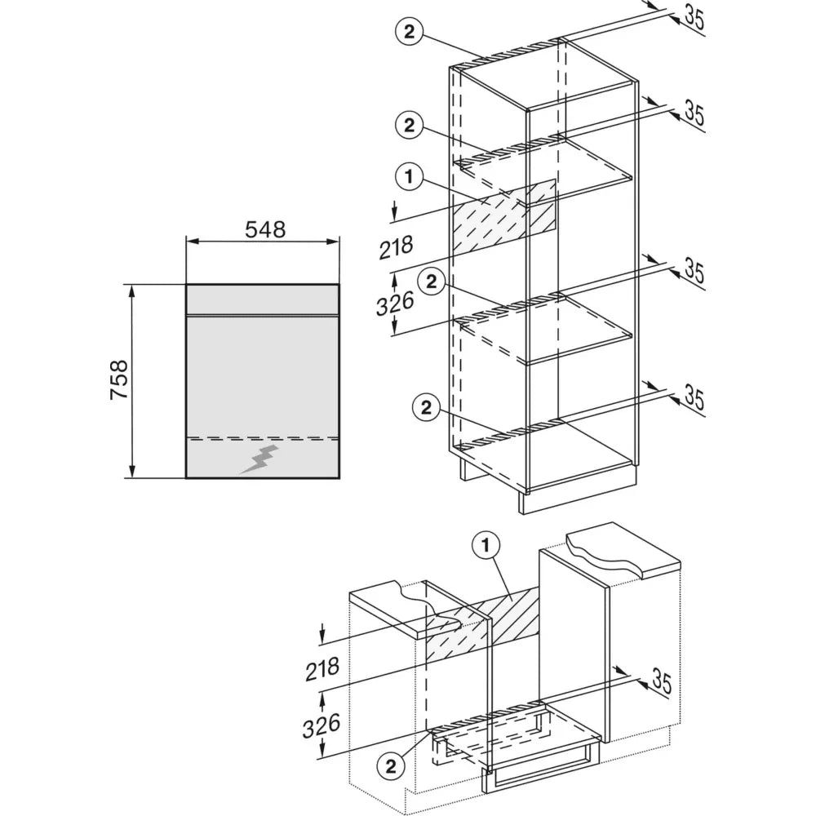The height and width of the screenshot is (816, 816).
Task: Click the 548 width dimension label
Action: click(265, 229)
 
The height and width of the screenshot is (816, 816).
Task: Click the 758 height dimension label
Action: click(119, 379)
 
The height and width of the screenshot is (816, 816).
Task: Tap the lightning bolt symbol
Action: click(259, 459)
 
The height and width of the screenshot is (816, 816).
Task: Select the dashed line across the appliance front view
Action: click(263, 437)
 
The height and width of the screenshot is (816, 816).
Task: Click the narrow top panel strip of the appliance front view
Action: click(263, 299)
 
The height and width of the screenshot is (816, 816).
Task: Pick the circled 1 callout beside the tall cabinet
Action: click(409, 177)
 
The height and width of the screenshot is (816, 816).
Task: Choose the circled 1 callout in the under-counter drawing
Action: click(486, 546)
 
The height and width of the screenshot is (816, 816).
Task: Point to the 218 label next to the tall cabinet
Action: click(396, 246)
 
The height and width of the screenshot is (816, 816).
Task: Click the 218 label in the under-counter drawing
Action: click(322, 669)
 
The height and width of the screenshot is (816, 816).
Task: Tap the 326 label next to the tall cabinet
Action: click(395, 304)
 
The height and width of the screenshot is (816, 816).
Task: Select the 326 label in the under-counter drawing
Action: click(322, 725)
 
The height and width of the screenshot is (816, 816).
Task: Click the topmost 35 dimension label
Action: click(694, 18)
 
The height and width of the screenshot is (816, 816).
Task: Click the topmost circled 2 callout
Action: click(409, 33)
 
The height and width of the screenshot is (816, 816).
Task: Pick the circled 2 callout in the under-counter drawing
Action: click(390, 766)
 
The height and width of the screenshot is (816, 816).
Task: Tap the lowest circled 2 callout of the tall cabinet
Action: click(426, 407)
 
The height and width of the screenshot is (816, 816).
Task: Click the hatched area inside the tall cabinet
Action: click(503, 219)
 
